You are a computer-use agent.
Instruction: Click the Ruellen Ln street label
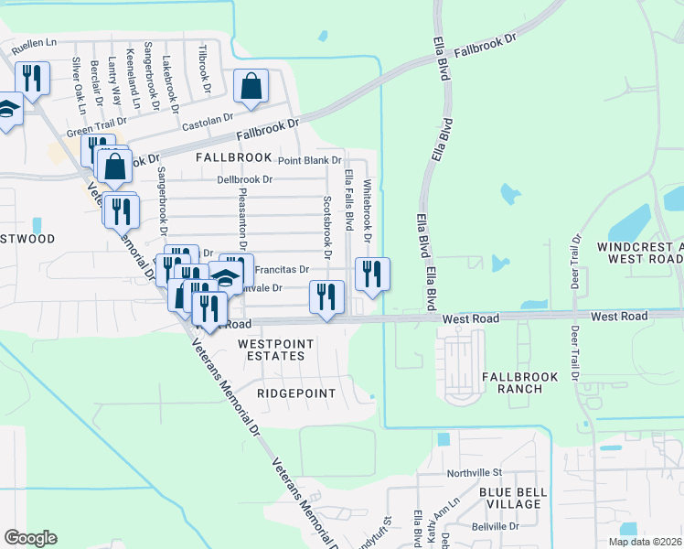pos(32,42)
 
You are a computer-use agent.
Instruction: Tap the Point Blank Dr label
pos(309,160)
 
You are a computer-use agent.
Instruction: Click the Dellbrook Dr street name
pos(245,179)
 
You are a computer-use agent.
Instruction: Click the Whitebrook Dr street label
pos(368,211)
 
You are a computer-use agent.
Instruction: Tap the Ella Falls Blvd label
pos(348,199)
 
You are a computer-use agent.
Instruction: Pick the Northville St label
pos(475,473)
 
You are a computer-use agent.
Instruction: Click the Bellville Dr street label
pos(496,526)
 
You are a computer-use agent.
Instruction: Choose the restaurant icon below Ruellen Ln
pos(32,79)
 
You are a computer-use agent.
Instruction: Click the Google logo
pos(30,538)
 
